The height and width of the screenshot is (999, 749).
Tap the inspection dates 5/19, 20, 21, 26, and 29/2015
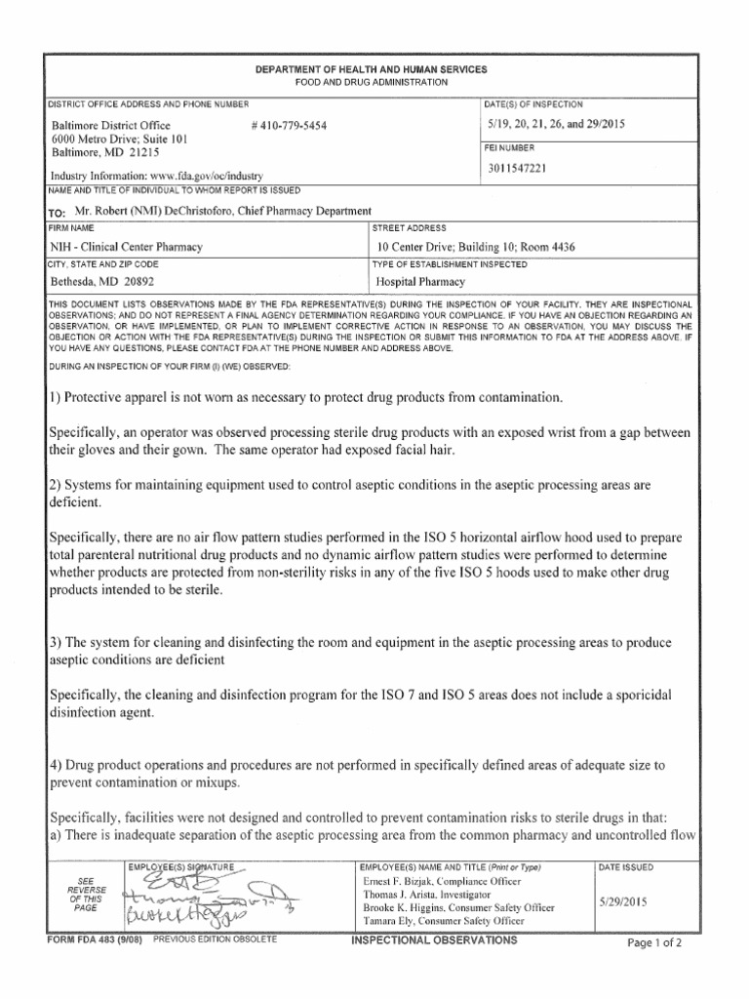[x=556, y=125]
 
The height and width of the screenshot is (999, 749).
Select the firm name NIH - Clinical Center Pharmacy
[x=127, y=247]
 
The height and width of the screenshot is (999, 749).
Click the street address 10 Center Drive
[x=417, y=247]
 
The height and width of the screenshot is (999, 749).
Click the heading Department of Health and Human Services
[x=372, y=71]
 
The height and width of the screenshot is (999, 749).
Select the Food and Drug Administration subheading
[x=372, y=83]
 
